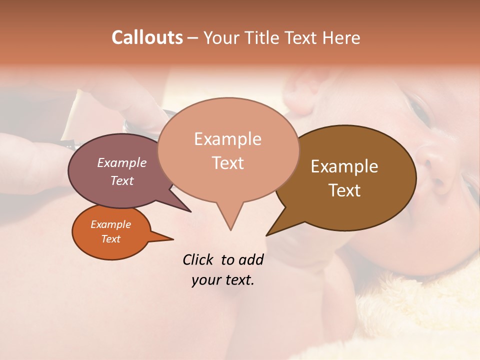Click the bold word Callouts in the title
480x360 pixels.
[147, 37]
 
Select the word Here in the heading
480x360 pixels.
[342, 38]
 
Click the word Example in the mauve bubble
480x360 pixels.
[121, 162]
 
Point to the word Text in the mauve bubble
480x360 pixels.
[121, 180]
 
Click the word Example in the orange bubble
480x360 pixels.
[110, 224]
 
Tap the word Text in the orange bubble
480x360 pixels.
[110, 239]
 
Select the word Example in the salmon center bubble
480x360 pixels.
[227, 139]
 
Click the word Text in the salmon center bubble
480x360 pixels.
[227, 162]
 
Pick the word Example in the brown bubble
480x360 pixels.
[344, 166]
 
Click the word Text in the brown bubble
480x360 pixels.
[344, 190]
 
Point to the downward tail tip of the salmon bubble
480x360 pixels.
[230, 228]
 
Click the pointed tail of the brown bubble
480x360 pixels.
[268, 233]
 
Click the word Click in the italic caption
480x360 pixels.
[198, 259]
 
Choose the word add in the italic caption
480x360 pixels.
[250, 259]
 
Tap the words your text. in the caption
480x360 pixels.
[223, 280]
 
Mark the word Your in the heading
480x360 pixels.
[221, 38]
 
